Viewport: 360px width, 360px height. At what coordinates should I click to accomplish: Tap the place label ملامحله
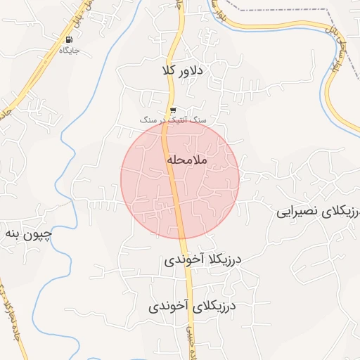coord(187,160)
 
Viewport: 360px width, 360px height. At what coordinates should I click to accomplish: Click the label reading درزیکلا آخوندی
coord(202,259)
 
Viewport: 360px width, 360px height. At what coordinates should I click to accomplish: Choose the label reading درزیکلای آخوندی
coord(192,307)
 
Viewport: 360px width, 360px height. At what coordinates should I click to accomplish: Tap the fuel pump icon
coord(69,40)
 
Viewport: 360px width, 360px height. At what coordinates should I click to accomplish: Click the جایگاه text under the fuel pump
coord(69,51)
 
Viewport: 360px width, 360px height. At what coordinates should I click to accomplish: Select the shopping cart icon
coord(173,110)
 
